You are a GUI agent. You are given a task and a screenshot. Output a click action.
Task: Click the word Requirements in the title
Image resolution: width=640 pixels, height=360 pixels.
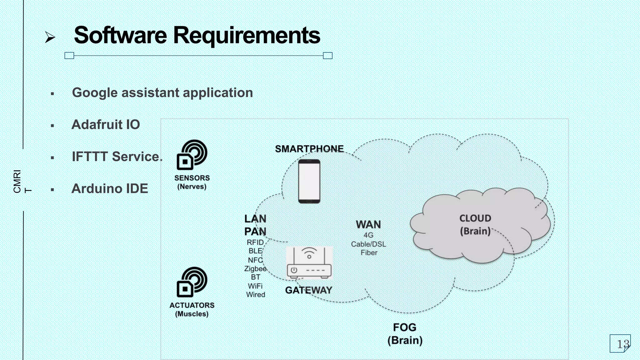(x=247, y=35)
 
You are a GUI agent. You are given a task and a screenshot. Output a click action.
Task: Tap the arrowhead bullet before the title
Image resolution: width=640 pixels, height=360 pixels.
(x=50, y=37)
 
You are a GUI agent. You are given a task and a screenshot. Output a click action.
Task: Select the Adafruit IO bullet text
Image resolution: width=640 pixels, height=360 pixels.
(x=106, y=125)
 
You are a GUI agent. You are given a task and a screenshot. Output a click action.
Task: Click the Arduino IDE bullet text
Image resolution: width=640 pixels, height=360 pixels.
(x=110, y=189)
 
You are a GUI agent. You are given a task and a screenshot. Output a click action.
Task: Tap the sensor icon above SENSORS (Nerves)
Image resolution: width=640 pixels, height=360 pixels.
(x=192, y=154)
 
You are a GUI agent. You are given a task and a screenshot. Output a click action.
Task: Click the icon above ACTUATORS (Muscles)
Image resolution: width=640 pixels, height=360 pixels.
(x=192, y=282)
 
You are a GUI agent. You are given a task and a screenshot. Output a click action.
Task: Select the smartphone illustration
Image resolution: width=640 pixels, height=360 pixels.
(x=309, y=181)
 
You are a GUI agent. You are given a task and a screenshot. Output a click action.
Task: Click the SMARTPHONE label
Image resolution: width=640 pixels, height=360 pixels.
(x=309, y=149)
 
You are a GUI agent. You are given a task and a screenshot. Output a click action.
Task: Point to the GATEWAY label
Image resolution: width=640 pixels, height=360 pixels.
(x=308, y=290)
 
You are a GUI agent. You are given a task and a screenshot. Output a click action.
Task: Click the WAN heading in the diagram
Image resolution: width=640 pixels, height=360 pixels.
(x=368, y=224)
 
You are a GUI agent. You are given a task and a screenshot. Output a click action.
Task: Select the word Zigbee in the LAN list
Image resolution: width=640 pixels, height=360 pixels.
(x=255, y=268)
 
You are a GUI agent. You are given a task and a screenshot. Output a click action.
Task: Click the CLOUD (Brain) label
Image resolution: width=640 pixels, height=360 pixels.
(x=475, y=225)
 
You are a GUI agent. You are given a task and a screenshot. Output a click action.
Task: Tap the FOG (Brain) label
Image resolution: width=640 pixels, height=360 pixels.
(x=405, y=334)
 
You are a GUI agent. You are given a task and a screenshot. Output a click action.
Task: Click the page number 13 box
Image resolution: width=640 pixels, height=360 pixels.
(x=620, y=343)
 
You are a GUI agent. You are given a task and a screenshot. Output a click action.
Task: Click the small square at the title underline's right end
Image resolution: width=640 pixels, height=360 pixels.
(x=327, y=56)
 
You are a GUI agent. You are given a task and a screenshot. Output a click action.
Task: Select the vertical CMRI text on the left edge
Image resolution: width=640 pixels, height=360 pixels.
(x=17, y=182)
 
